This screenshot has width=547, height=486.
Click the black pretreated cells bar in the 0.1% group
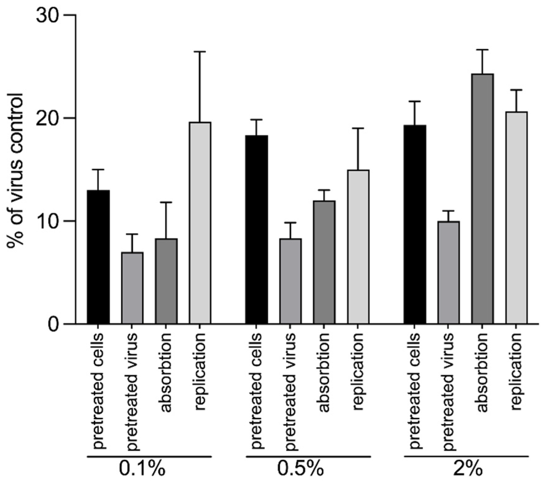(x=98, y=257)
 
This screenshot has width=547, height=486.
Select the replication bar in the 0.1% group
(x=200, y=223)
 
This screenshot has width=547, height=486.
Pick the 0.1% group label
(x=142, y=469)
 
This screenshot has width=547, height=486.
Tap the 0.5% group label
(x=301, y=469)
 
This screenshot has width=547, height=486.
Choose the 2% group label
(x=468, y=469)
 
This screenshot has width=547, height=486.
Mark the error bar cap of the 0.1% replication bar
(x=200, y=52)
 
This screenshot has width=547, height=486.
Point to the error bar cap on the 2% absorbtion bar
(x=482, y=49)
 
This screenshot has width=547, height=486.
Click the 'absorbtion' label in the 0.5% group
(x=324, y=372)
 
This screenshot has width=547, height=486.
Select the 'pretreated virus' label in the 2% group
(x=449, y=391)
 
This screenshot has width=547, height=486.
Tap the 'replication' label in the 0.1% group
(x=200, y=371)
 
